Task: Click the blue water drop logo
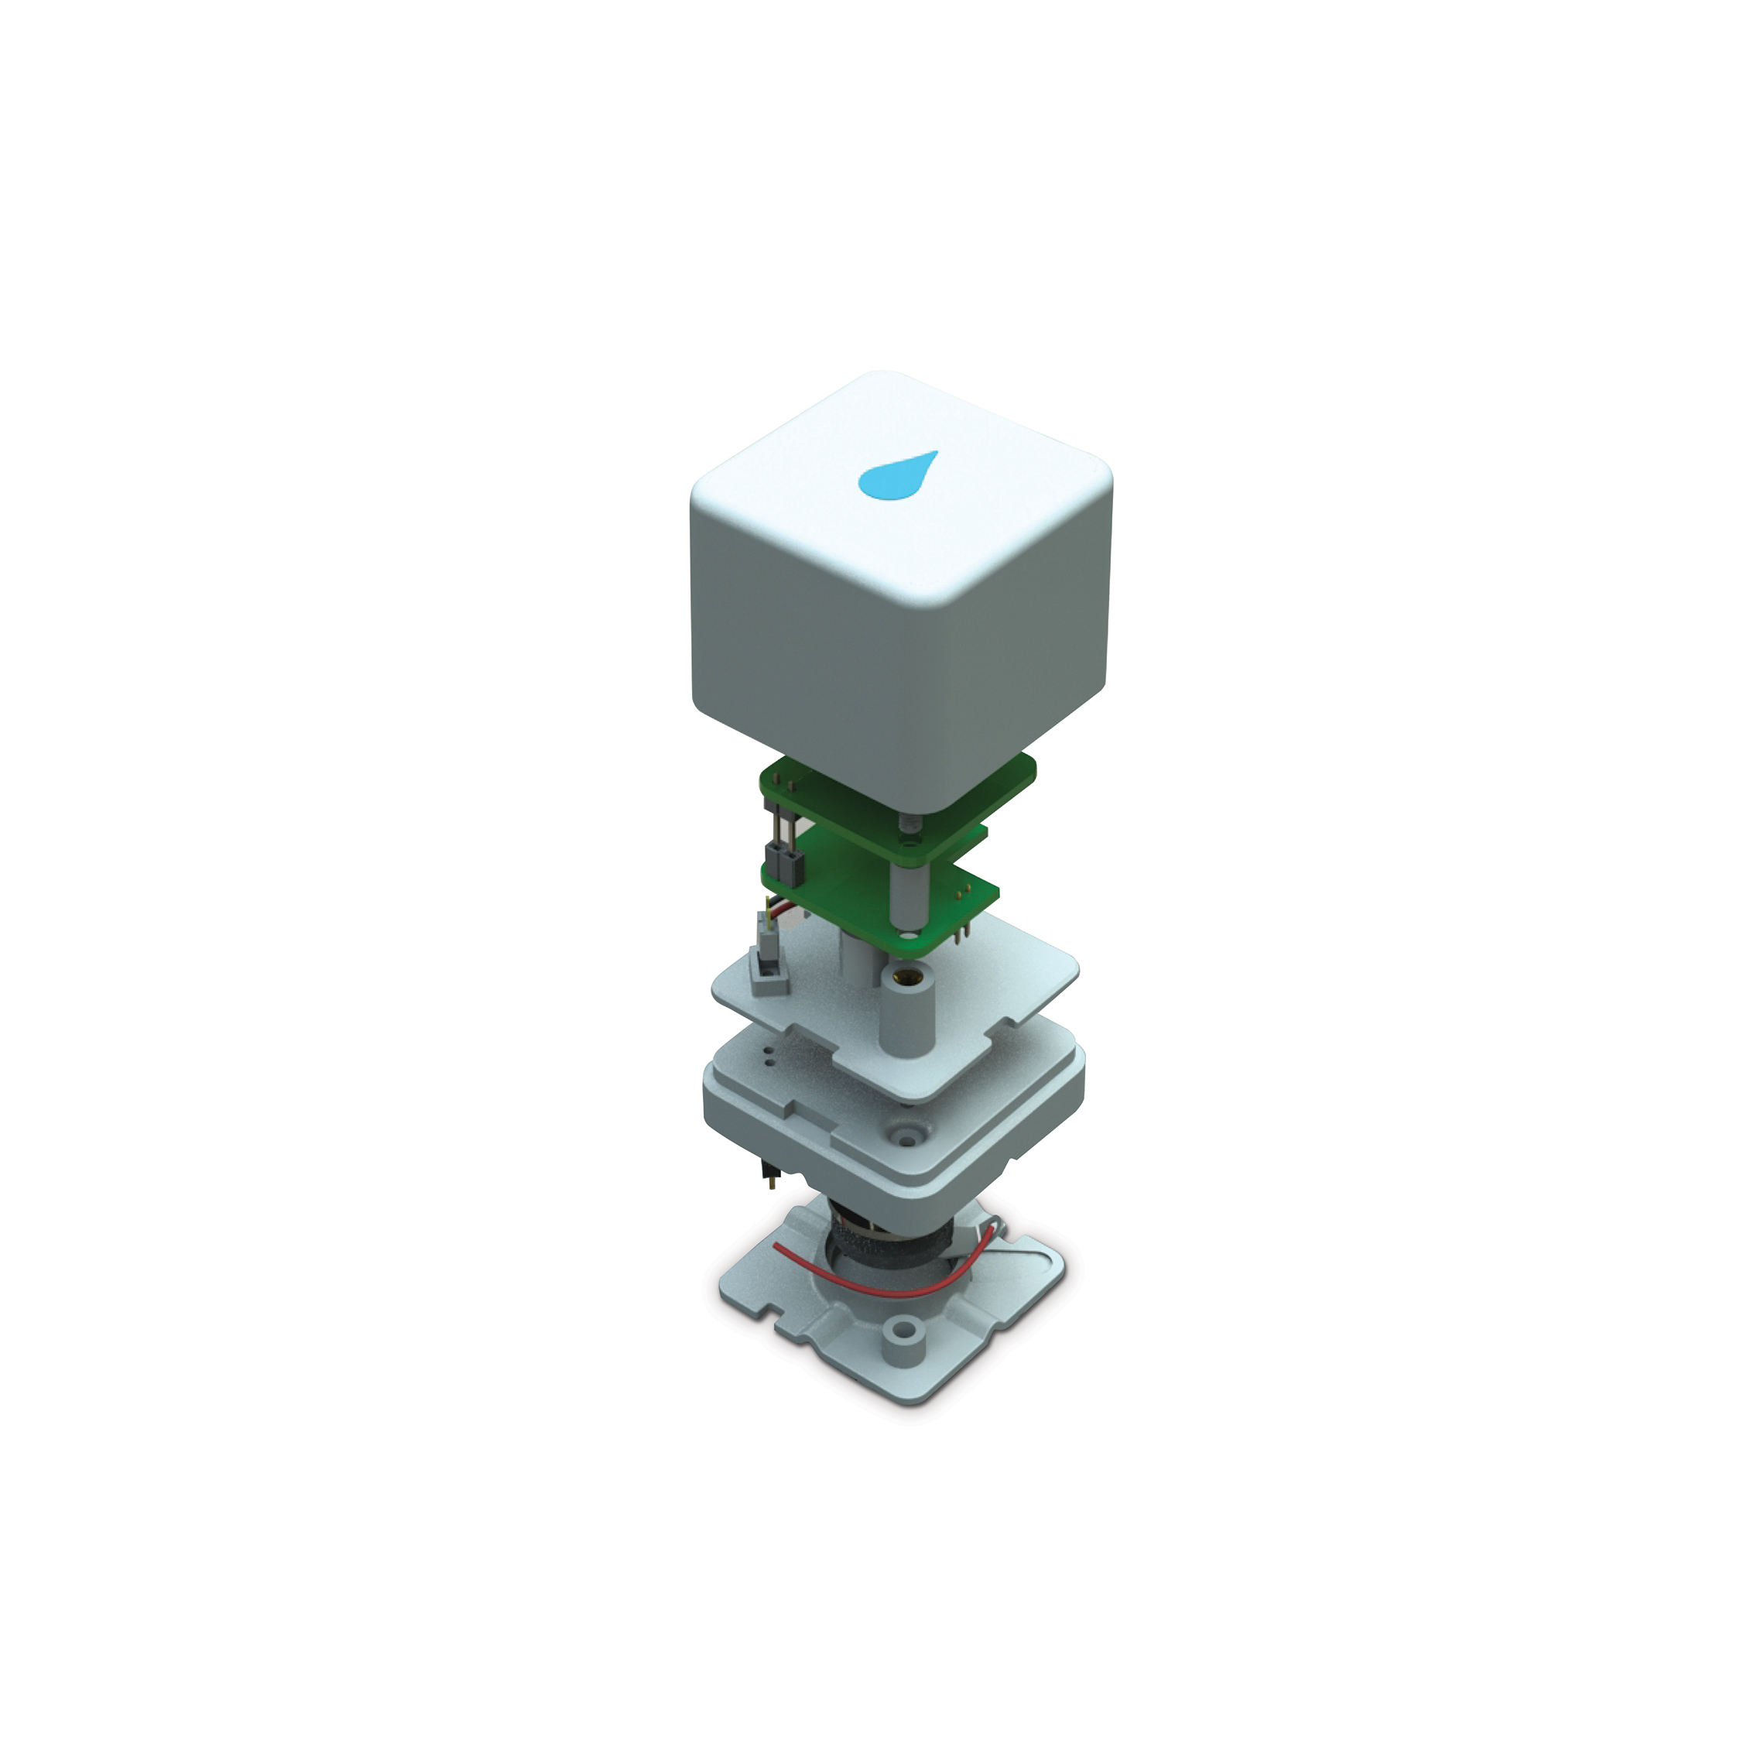[897, 476]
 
